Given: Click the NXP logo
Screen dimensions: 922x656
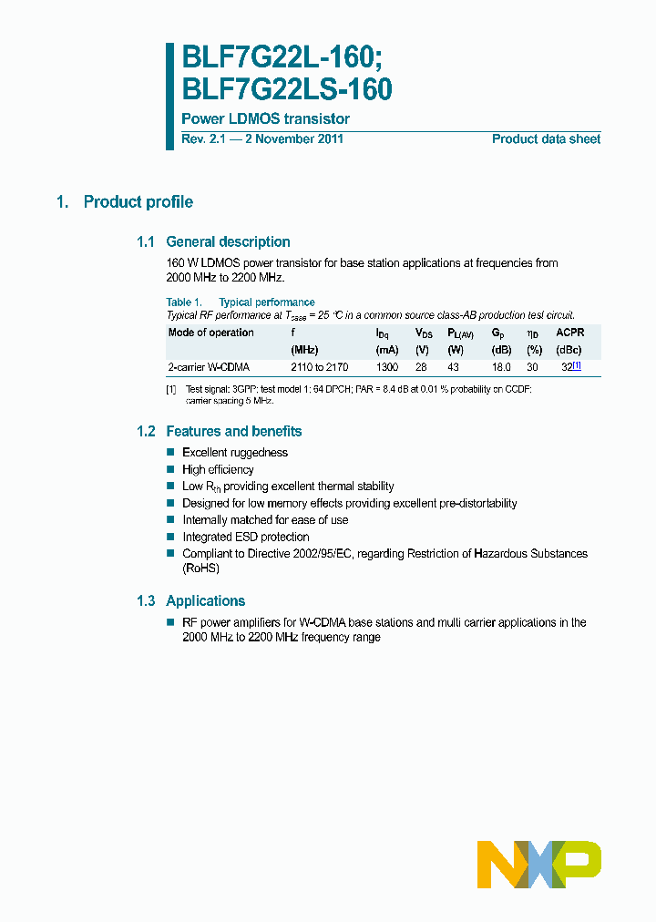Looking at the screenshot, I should pos(539,860).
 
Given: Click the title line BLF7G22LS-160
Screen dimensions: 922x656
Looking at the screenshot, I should pos(287,88).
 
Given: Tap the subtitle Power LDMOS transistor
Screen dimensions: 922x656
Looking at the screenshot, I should pos(265,119).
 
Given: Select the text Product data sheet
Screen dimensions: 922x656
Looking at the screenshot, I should pos(546,139).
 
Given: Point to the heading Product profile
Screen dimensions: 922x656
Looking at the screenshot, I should pos(138,202).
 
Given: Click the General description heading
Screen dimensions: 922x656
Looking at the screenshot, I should pos(228,242).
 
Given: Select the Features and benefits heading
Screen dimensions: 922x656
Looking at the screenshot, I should pos(233,432).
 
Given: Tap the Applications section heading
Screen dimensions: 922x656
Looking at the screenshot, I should pos(205,601).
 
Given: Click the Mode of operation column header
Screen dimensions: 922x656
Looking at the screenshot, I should pos(211,333).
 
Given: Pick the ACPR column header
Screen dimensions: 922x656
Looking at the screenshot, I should pos(569,333).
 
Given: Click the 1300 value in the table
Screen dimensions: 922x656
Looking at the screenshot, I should pos(386,367).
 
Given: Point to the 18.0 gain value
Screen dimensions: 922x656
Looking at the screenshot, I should pos(501,367).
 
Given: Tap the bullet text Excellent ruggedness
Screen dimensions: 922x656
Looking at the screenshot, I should pos(235,453).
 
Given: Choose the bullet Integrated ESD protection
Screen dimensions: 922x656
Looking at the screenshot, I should pos(245,538).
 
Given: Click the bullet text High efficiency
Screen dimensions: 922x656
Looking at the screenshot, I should pos(218,470).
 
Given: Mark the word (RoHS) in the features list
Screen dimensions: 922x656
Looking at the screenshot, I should pos(200,569).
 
